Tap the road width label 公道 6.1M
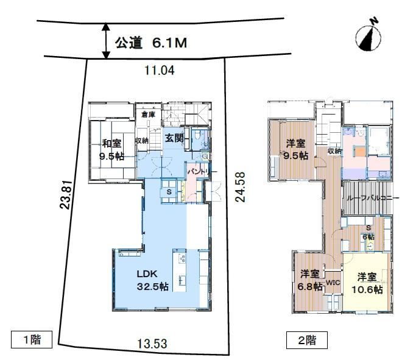[151, 43]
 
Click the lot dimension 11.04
[160, 70]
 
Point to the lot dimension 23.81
[65, 194]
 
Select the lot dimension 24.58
[240, 187]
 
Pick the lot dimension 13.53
[152, 344]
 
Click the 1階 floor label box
[32, 339]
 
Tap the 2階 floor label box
[307, 340]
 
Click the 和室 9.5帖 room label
[112, 150]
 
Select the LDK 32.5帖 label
[152, 280]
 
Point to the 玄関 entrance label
[174, 138]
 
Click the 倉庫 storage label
[148, 115]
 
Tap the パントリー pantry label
[202, 172]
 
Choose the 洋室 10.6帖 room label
[367, 283]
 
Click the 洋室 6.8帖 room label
[309, 280]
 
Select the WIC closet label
[333, 283]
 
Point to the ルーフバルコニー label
[373, 198]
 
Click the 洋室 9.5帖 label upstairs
[295, 149]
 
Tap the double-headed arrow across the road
[106, 41]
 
